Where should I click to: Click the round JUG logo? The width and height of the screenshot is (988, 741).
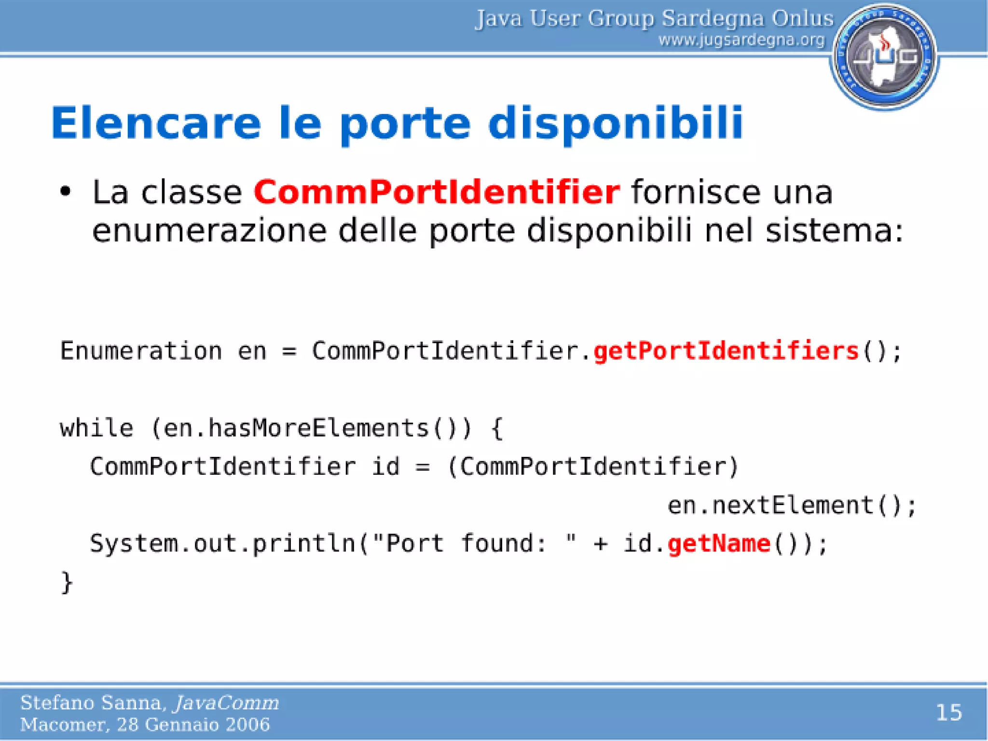pyautogui.click(x=884, y=56)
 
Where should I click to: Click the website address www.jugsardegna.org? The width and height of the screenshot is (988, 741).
pyautogui.click(x=741, y=40)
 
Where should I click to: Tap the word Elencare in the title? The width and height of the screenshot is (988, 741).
pyautogui.click(x=156, y=123)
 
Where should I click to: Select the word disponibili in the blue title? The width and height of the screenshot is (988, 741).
pyautogui.click(x=616, y=123)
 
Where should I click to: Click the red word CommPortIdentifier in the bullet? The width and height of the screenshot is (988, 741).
pyautogui.click(x=437, y=192)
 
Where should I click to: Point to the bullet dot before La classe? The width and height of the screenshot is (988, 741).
pyautogui.click(x=66, y=192)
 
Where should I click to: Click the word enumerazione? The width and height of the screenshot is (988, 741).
pyautogui.click(x=209, y=231)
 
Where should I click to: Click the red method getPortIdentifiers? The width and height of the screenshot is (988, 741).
pyautogui.click(x=726, y=351)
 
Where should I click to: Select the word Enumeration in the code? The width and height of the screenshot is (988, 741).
pyautogui.click(x=141, y=351)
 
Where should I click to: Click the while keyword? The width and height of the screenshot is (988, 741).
pyautogui.click(x=96, y=428)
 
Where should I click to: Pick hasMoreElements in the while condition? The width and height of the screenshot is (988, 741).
pyautogui.click(x=318, y=428)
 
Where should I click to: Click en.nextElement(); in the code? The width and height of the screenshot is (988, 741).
pyautogui.click(x=791, y=506)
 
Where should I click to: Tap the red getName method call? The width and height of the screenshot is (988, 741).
pyautogui.click(x=719, y=544)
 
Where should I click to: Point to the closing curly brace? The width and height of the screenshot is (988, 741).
pyautogui.click(x=67, y=582)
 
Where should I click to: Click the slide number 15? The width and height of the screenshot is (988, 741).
pyautogui.click(x=948, y=713)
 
